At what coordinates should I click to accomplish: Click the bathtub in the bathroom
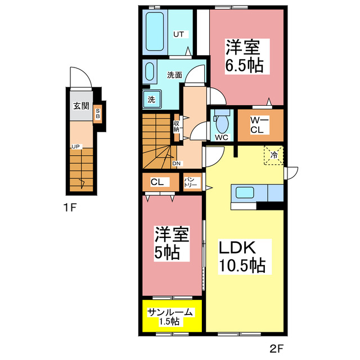tap(155, 31)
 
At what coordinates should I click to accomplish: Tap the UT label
tap(179, 34)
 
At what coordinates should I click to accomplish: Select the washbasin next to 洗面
tap(150, 71)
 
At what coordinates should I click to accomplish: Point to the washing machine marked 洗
tap(152, 99)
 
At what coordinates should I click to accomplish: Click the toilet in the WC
tap(222, 121)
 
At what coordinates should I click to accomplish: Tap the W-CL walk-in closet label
tap(259, 125)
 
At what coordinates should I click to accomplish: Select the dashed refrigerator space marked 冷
tap(274, 155)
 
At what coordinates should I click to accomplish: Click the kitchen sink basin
tap(245, 192)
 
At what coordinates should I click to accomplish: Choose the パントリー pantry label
tap(191, 182)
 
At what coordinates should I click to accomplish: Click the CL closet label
tap(157, 182)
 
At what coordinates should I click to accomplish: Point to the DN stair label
tap(176, 164)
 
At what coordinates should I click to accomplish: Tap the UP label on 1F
tap(75, 146)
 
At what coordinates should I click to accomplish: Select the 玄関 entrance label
tap(81, 106)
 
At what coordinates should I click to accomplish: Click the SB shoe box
tap(97, 114)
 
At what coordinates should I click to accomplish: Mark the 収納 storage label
tap(176, 126)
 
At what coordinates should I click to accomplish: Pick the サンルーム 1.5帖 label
tap(170, 317)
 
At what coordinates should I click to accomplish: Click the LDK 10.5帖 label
tap(242, 256)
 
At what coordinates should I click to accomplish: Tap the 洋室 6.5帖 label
tap(244, 56)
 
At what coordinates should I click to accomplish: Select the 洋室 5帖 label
tap(172, 244)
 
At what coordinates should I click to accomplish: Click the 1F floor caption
tap(70, 208)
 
